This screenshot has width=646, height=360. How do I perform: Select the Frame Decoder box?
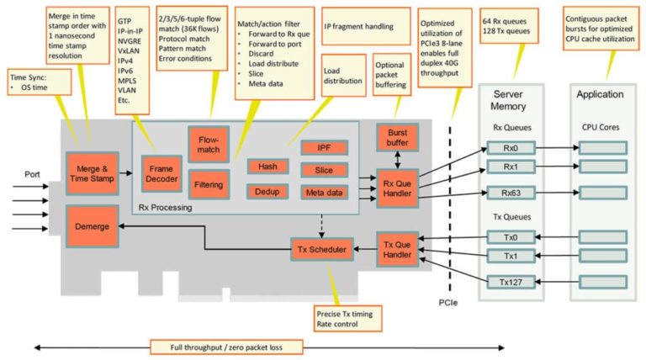161,173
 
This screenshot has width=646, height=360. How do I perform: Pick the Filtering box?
209,183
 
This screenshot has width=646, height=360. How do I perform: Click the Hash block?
267,167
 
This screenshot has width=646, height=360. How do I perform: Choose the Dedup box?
267,192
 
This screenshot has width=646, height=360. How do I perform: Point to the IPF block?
324,148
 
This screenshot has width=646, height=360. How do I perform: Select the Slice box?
324,170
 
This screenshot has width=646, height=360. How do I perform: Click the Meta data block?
324,193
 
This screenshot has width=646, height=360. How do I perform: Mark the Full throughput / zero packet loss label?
226,346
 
